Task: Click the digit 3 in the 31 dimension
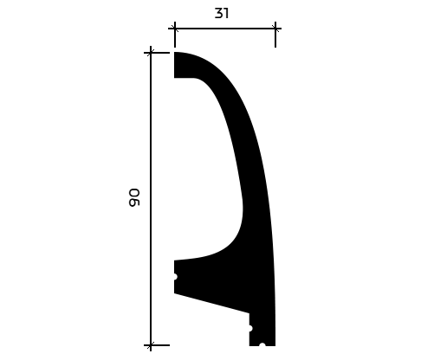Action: click(219, 13)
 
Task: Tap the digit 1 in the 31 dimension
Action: click(226, 13)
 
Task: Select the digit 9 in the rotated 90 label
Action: click(134, 202)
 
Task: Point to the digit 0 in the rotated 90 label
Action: click(134, 193)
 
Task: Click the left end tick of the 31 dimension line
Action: click(174, 29)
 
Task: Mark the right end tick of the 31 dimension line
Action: click(275, 29)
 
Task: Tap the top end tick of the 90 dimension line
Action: click(151, 53)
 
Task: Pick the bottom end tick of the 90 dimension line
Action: click(151, 345)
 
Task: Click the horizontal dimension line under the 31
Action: click(224, 29)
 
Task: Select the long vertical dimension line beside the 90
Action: click(151, 198)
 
